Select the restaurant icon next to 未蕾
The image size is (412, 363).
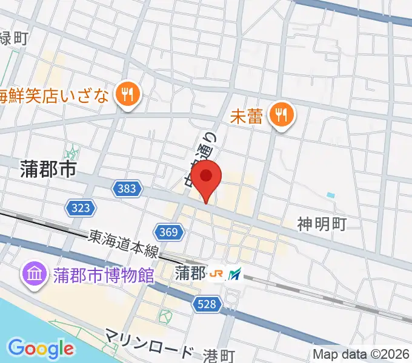pos(281,114)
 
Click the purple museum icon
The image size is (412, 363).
pos(33,275)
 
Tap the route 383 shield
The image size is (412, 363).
pos(127,189)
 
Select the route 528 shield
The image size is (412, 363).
pos(207,306)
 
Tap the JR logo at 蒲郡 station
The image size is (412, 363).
pos(216,274)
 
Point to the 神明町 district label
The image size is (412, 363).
pos(321,224)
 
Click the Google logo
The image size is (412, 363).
pos(41,348)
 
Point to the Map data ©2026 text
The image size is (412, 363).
pos(362,355)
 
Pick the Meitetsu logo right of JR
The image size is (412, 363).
pos(234,274)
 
